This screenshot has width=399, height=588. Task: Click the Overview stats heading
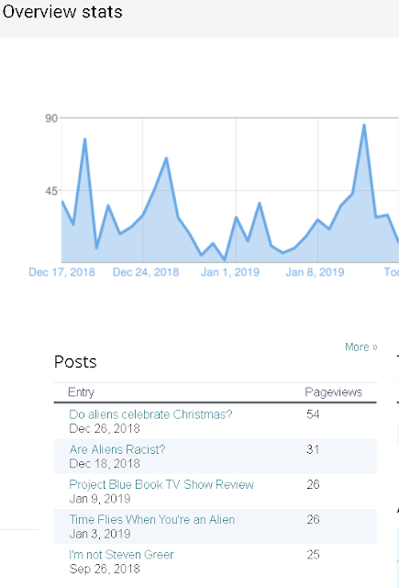pos(62,12)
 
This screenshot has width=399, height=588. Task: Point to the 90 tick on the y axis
pos(51,119)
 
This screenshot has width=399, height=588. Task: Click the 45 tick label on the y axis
pos(51,191)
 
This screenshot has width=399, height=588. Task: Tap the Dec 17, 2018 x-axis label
pos(61,272)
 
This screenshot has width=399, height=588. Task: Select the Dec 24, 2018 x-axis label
pos(146,272)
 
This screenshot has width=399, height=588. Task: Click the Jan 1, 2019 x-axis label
pos(230,272)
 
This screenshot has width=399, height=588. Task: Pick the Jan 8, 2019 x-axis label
pos(315,272)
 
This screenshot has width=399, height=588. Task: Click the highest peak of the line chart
pos(364,125)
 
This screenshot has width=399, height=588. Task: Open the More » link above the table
pos(361,347)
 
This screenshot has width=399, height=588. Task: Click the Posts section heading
pos(75,362)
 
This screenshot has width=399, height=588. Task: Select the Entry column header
pos(82,392)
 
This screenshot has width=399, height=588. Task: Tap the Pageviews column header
pos(334,392)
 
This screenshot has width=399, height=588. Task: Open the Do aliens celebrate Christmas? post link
pos(150,414)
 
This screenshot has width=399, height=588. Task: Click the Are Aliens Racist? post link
pos(117,449)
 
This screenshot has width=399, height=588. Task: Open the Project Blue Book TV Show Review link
pos(161,484)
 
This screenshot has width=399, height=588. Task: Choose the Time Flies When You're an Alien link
pos(152,520)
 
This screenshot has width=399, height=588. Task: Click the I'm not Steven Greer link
pos(121,555)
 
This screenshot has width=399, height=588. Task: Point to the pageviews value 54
pos(313,414)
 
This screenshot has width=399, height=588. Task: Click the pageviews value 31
pos(313,449)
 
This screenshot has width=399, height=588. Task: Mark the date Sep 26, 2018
pos(105,569)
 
